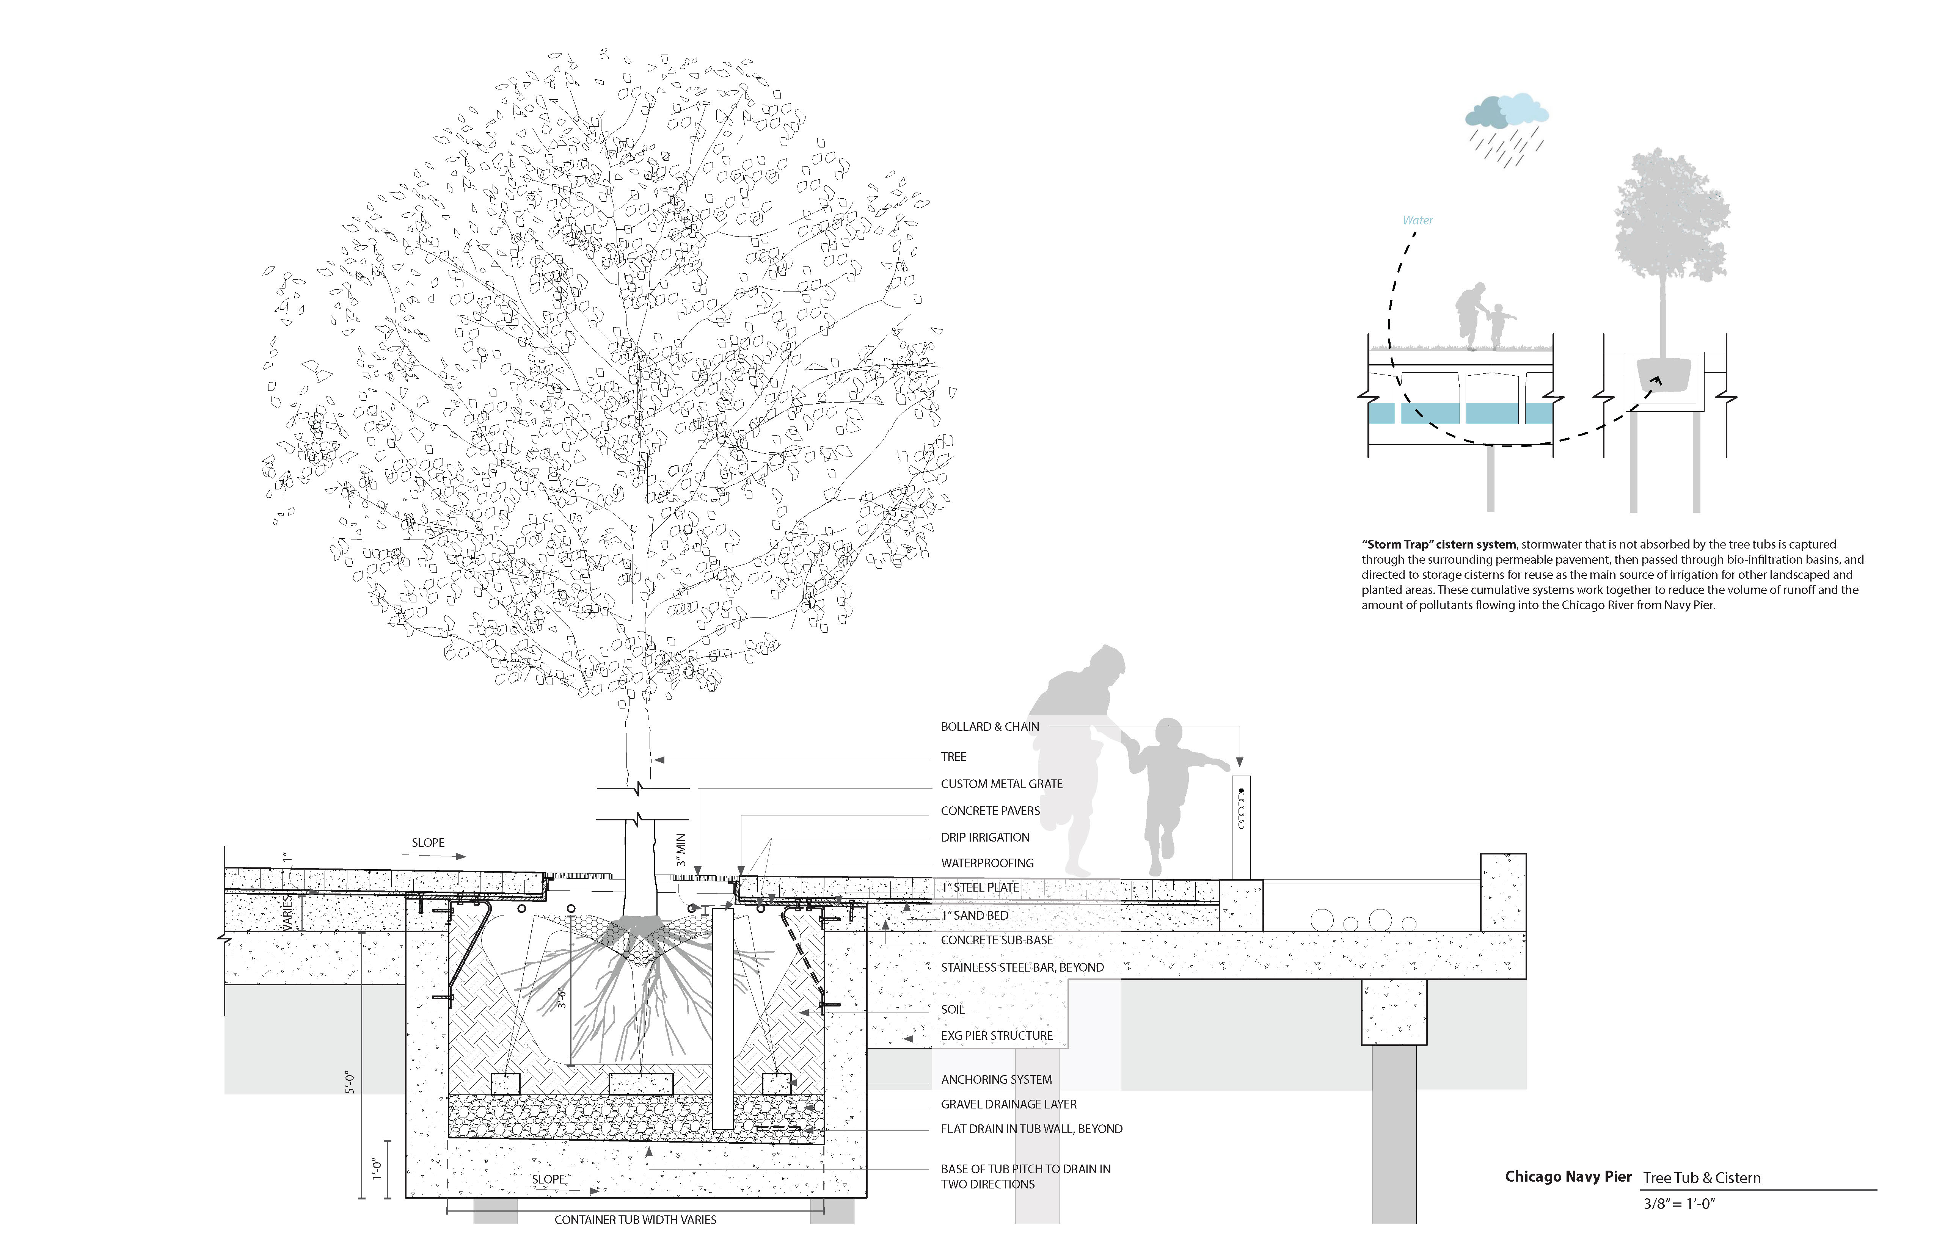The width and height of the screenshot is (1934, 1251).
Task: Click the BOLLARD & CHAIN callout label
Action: point(990,727)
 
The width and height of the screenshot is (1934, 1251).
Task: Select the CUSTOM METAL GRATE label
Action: point(1001,784)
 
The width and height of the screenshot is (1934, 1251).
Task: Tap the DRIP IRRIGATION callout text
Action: point(985,837)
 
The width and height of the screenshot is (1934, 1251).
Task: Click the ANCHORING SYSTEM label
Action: point(996,1080)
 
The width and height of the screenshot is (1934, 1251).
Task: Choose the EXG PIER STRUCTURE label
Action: point(996,1036)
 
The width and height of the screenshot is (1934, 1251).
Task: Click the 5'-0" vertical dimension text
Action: point(350,1083)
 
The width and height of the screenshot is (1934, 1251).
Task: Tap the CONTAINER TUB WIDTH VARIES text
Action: point(636,1220)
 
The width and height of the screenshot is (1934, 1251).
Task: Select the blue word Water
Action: point(1417,220)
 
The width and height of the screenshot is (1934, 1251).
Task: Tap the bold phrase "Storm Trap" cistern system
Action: point(1438,544)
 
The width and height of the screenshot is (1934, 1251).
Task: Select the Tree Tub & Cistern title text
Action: point(1702,1178)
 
